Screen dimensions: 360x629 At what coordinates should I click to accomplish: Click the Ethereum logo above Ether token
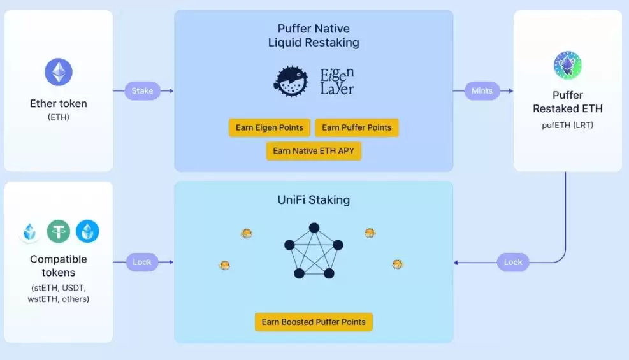click(59, 72)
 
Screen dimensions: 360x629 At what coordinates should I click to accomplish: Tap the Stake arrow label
click(142, 90)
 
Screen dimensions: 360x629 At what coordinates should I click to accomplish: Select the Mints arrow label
click(482, 90)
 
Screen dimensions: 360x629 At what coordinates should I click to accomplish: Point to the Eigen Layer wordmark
click(336, 82)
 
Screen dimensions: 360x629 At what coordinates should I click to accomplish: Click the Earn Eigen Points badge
click(270, 127)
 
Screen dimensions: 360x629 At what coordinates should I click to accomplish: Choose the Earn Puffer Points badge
click(357, 127)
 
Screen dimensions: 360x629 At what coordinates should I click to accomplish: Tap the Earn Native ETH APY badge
click(314, 151)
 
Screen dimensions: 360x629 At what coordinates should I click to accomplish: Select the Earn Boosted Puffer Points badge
click(314, 322)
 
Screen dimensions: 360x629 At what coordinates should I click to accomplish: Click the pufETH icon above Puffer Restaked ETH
click(567, 65)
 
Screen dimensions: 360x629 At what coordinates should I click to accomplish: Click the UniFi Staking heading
click(314, 200)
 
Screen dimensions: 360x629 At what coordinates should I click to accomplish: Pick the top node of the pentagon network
click(314, 227)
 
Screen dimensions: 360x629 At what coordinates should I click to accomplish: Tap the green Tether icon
click(59, 231)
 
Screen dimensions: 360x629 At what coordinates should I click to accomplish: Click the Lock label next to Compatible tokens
click(142, 262)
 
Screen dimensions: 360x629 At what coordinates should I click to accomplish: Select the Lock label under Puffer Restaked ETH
click(513, 262)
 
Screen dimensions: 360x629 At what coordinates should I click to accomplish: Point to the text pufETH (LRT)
click(567, 125)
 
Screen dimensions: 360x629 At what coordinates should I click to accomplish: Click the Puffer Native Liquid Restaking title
click(314, 36)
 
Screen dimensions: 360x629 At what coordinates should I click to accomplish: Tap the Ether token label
click(59, 104)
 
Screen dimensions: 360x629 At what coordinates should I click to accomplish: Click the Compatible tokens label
click(59, 266)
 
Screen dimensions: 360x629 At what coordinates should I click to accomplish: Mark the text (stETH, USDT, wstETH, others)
click(59, 293)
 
